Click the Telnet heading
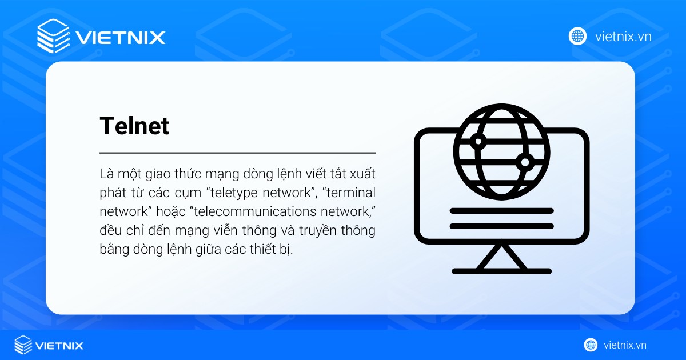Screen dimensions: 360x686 click(134, 126)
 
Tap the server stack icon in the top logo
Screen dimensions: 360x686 click(52, 36)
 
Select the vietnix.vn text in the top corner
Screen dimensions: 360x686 click(623, 37)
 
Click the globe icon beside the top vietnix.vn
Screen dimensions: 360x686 click(577, 36)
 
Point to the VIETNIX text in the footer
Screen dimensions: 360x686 click(59, 345)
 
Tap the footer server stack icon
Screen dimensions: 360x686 click(23, 345)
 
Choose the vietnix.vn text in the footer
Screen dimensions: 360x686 click(625, 345)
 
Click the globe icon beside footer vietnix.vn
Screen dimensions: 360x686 click(591, 345)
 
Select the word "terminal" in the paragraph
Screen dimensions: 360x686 click(350, 192)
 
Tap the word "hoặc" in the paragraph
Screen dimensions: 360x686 click(168, 211)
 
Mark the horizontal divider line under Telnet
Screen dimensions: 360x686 click(237, 153)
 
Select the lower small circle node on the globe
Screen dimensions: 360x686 click(524, 162)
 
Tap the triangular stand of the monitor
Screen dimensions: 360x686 click(501, 255)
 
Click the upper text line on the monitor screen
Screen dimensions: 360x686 click(501, 210)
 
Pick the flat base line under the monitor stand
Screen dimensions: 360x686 click(501, 271)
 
